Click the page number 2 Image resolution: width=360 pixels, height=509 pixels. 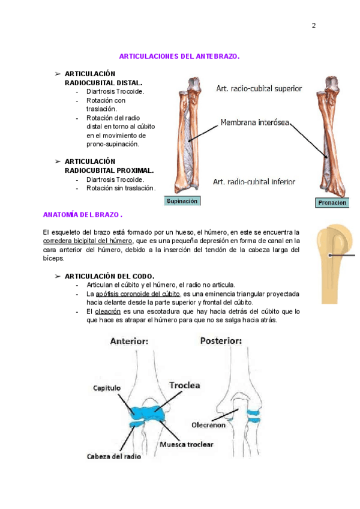coord(313,25)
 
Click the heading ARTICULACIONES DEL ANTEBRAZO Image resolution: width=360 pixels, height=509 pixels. coord(179,56)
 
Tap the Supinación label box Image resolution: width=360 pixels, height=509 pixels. coord(182,201)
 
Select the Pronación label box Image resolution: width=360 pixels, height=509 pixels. coord(331,203)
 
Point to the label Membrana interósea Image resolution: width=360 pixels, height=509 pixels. coord(255,122)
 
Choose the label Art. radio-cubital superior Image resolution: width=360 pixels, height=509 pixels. coord(259,88)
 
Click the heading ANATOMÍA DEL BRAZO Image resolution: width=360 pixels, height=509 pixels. coord(83,214)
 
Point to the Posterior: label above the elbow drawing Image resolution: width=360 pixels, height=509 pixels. coord(221,340)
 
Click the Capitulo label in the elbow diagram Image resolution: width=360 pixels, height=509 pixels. coord(107,388)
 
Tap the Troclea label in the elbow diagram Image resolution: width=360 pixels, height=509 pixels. coord(184,385)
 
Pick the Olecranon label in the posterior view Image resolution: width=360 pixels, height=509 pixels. coord(208,423)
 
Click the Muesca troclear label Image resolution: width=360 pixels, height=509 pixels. coord(187,445)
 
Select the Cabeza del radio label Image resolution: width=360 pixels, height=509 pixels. coord(114,456)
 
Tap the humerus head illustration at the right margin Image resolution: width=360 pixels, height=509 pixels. coord(336,252)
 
